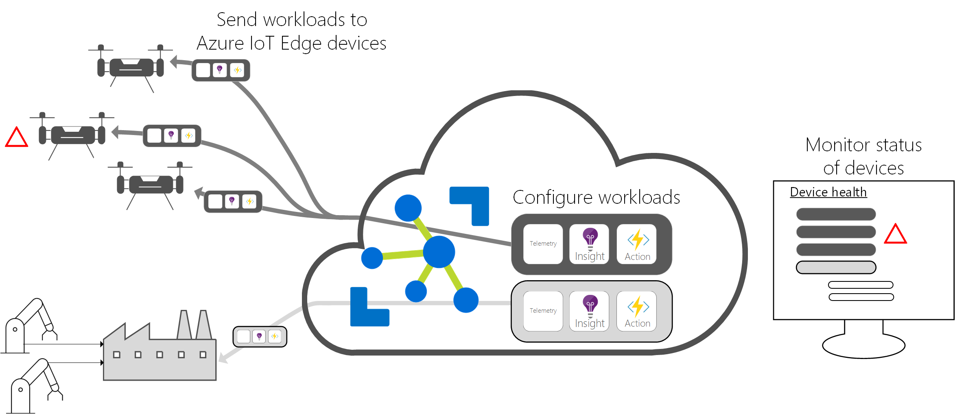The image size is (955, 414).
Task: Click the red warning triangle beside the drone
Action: click(x=17, y=138)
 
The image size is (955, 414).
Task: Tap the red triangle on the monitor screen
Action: click(x=895, y=235)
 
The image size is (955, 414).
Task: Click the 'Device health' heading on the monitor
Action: click(x=828, y=192)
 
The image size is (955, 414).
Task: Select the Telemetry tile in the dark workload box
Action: click(x=543, y=244)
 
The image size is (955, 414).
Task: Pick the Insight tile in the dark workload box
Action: click(x=589, y=244)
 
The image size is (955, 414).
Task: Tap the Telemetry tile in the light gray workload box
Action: click(x=543, y=311)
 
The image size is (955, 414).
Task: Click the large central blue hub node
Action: click(x=439, y=252)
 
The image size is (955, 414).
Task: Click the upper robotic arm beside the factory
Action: click(x=28, y=325)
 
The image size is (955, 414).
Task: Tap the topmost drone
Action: click(x=131, y=67)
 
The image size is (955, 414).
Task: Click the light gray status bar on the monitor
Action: click(x=836, y=268)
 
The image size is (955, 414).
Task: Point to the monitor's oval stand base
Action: click(x=863, y=346)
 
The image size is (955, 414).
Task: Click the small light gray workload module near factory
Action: click(x=260, y=337)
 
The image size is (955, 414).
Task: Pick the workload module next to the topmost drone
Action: click(x=221, y=70)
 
